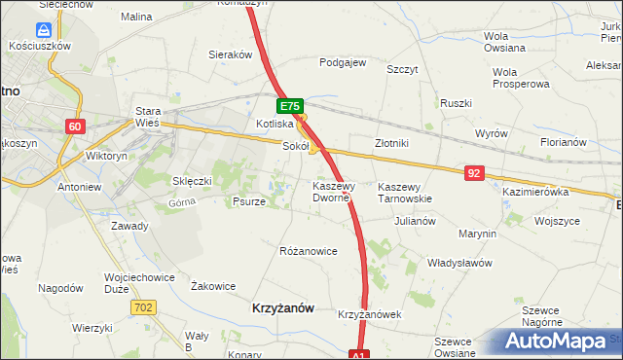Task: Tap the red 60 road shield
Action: pyautogui.click(x=76, y=126)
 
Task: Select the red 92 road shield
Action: pyautogui.click(x=474, y=173)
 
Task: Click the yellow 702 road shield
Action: pyautogui.click(x=142, y=306)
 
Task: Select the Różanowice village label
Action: pyautogui.click(x=309, y=251)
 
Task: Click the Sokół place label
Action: pyautogui.click(x=295, y=147)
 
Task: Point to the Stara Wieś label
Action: pyautogui.click(x=147, y=117)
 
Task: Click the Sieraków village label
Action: pyautogui.click(x=232, y=55)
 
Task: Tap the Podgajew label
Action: pyautogui.click(x=343, y=62)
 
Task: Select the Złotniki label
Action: pyautogui.click(x=391, y=142)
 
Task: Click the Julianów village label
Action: pyautogui.click(x=415, y=221)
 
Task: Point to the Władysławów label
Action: pyautogui.click(x=459, y=263)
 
